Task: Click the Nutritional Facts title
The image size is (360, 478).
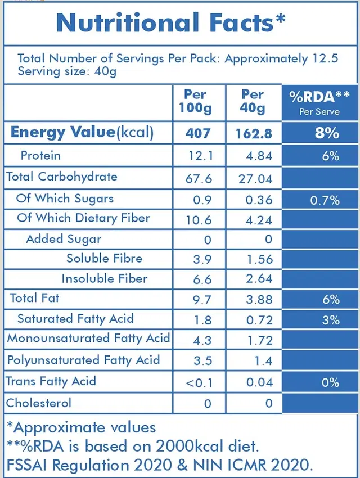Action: click(x=170, y=23)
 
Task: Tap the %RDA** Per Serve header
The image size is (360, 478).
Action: click(x=319, y=102)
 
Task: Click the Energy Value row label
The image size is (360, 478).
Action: click(x=82, y=133)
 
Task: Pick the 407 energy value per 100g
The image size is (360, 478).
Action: click(x=199, y=133)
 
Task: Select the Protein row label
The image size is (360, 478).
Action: click(x=40, y=155)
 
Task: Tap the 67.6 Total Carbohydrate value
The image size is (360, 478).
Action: click(x=199, y=178)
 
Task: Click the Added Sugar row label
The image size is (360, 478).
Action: click(x=64, y=239)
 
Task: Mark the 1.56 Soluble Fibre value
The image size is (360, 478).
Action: click(x=260, y=259)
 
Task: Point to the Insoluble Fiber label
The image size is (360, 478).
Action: click(x=105, y=279)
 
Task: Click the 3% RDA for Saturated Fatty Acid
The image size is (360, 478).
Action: click(x=331, y=321)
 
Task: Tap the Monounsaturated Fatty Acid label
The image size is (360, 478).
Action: click(x=88, y=339)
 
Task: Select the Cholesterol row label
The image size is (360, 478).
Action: click(x=39, y=403)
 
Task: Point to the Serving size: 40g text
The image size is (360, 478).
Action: click(x=67, y=71)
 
